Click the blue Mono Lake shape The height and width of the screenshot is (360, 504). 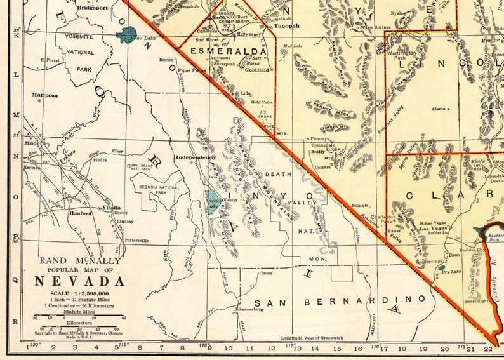coord(129,34)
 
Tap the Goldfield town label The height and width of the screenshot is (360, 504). coord(257,70)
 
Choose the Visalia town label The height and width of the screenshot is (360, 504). coord(112,208)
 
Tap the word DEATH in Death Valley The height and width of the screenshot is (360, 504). coord(277,173)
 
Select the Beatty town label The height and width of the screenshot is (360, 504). coord(317,150)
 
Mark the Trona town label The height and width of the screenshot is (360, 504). coord(267,273)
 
